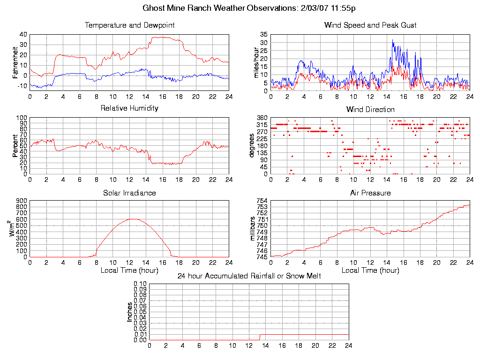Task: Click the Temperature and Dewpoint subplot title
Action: pos(129,25)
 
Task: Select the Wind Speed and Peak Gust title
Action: pos(370,25)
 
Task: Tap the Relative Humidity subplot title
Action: pos(129,108)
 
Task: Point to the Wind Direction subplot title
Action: pos(370,110)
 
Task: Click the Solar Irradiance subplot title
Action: pos(129,193)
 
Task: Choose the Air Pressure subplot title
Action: pos(370,193)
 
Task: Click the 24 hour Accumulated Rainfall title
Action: pos(249,276)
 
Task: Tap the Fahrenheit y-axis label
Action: pos(16,62)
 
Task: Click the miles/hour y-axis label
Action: pos(256,62)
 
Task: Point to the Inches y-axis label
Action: pos(130,312)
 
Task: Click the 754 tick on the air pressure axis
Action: pos(262,201)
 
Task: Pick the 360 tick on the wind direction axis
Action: pos(262,118)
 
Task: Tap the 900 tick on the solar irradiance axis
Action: pos(21,201)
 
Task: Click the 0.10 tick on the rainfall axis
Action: pos(140,284)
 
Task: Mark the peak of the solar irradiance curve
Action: pos(134,219)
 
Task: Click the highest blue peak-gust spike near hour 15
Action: pos(393,40)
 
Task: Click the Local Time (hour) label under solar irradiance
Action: pos(129,270)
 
